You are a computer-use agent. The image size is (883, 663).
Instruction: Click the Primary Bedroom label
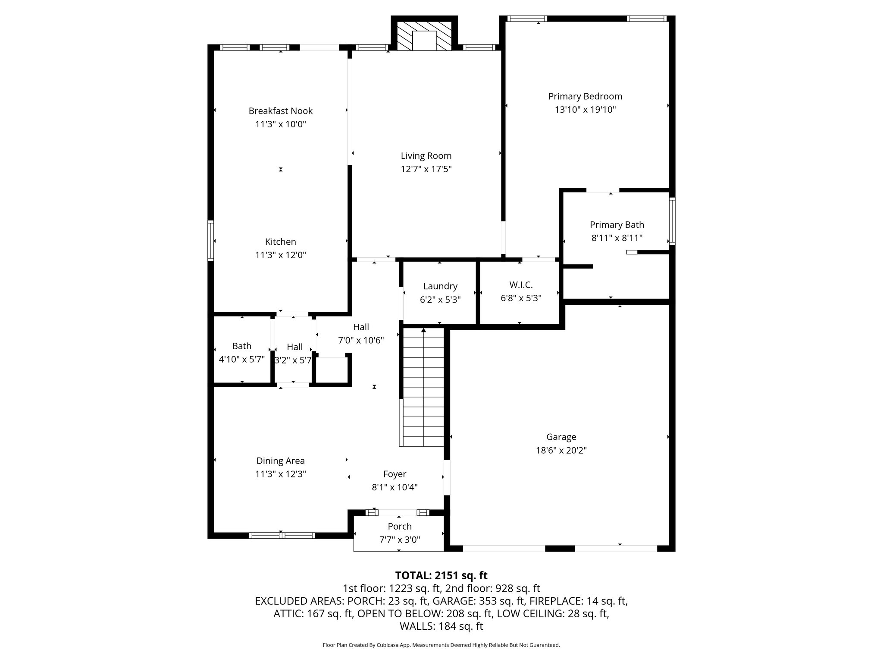point(585,96)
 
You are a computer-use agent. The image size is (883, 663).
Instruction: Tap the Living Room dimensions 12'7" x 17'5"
point(426,169)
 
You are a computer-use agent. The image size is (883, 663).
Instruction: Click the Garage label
point(561,437)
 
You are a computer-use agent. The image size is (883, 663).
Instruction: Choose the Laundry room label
point(440,286)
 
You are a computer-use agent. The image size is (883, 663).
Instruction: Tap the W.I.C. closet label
point(520,285)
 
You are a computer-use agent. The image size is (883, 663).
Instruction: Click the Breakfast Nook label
point(280,111)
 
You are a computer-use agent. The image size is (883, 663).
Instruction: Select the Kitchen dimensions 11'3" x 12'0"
point(280,255)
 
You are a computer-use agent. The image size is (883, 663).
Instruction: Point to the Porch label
point(399,526)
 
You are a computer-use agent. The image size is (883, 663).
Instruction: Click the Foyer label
point(395,474)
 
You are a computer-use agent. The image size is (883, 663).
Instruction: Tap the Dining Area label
point(280,461)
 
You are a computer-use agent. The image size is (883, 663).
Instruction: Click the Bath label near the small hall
point(241,346)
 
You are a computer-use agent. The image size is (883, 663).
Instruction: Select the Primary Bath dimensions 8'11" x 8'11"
point(617,238)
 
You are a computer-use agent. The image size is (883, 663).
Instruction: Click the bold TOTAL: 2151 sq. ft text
point(441,575)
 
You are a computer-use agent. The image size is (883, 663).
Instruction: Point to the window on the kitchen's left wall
point(210,240)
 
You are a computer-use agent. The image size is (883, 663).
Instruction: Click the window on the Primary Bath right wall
point(672,221)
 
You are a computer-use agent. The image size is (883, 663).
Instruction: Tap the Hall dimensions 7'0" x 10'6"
point(360,340)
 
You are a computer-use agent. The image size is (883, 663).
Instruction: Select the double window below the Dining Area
point(282,535)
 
